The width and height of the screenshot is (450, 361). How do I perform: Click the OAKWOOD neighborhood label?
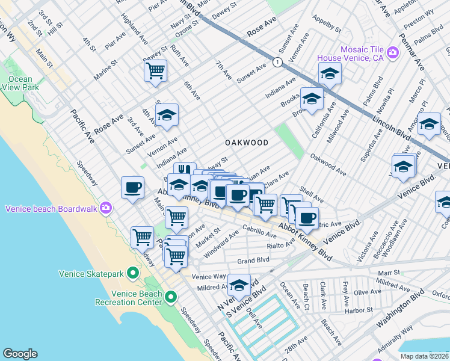tap(246, 143)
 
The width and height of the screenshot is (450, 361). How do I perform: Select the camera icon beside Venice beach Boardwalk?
tap(106, 208)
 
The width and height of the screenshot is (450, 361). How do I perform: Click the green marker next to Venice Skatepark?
tap(132, 274)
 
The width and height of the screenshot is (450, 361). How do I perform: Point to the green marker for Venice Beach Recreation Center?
tap(171, 297)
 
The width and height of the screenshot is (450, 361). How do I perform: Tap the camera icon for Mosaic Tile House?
tap(393, 53)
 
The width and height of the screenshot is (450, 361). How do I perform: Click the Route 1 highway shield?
tap(277, 62)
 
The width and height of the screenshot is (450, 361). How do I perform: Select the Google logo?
tap(20, 354)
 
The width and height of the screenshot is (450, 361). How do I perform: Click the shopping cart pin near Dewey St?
tap(155, 71)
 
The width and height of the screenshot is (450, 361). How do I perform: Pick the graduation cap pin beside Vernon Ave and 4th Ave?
tap(167, 115)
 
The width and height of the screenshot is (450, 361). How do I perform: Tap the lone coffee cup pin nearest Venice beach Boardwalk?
tap(132, 187)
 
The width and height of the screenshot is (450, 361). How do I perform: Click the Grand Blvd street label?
tap(253, 261)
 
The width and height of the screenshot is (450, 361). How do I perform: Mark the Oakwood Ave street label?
tap(328, 164)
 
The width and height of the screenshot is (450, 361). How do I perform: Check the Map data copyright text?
tap(424, 356)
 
